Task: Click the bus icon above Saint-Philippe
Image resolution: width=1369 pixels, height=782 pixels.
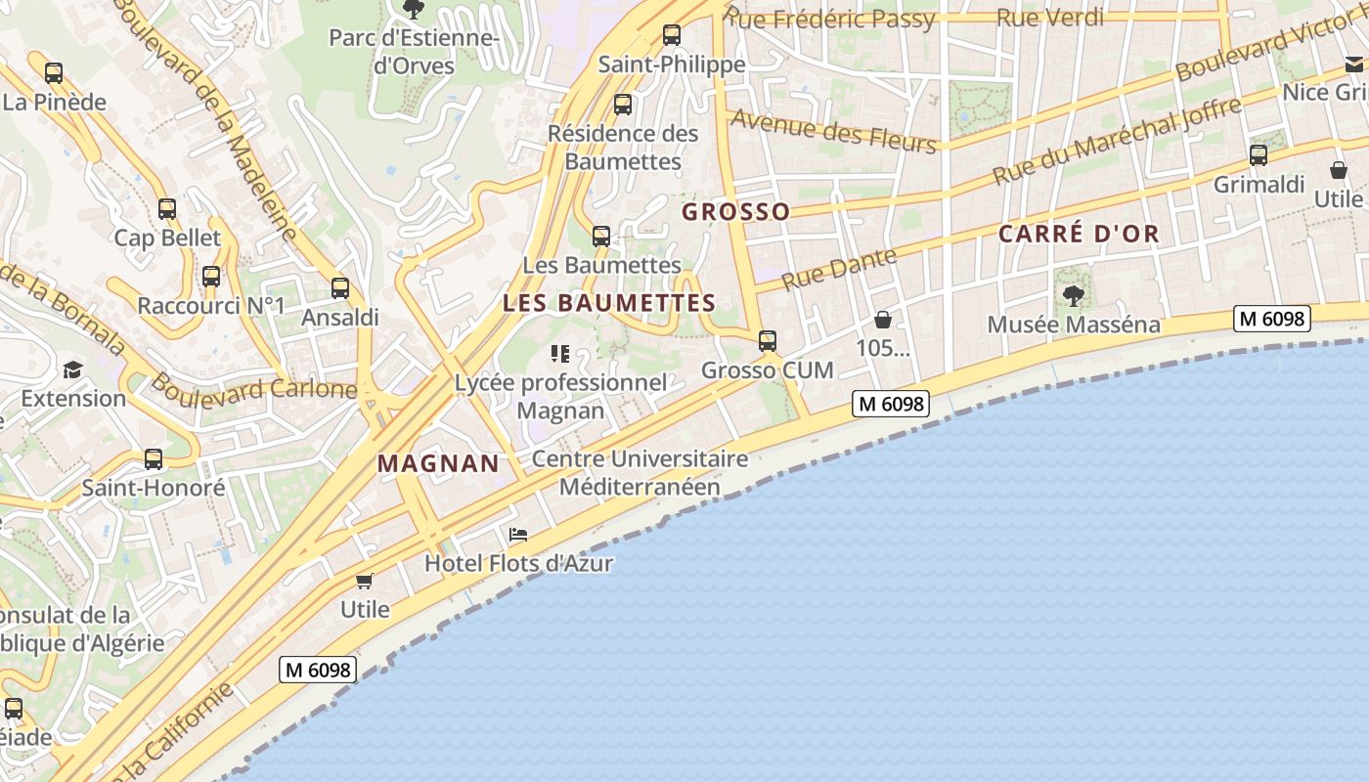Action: click(x=672, y=35)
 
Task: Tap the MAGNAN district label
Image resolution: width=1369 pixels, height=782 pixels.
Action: click(x=438, y=463)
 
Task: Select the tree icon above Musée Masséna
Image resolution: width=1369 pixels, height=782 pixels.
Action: click(x=1074, y=295)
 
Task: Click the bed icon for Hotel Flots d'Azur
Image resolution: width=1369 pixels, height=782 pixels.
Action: click(x=518, y=535)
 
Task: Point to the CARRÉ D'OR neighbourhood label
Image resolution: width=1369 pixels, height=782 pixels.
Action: click(x=1079, y=234)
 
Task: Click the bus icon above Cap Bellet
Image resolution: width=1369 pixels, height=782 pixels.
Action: click(x=167, y=209)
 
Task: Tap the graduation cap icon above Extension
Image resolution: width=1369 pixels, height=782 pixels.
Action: click(x=72, y=369)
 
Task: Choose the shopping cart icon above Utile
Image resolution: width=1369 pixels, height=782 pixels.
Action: click(x=365, y=582)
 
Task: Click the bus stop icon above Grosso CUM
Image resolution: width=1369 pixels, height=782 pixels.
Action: click(x=768, y=341)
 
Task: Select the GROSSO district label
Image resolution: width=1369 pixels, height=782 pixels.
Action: click(x=735, y=211)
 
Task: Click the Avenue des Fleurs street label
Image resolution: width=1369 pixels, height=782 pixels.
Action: click(x=834, y=131)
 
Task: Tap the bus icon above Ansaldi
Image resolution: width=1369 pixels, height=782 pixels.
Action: click(x=340, y=288)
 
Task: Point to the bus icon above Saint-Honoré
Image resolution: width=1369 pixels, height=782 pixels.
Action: click(x=154, y=459)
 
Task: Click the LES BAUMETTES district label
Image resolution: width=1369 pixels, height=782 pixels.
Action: click(x=609, y=303)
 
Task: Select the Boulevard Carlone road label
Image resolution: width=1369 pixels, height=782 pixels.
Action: click(x=253, y=388)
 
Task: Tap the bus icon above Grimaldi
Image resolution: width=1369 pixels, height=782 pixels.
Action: click(x=1259, y=155)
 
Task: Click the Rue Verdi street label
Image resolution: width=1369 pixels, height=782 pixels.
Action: click(x=1050, y=17)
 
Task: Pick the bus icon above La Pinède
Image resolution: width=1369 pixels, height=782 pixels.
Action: click(x=54, y=73)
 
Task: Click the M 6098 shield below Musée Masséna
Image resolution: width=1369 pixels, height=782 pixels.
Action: click(x=1271, y=319)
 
